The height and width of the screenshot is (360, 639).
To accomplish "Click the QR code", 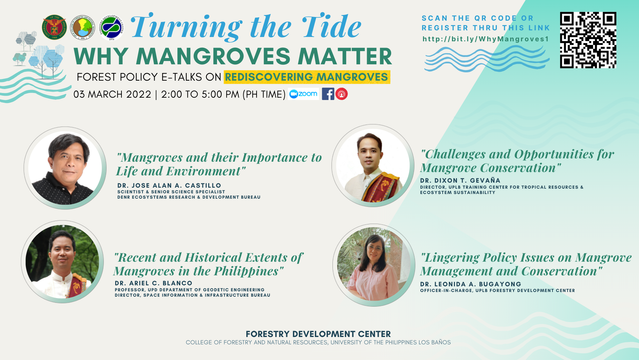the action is point(588,40).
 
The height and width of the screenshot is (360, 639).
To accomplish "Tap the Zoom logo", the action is point(303,94).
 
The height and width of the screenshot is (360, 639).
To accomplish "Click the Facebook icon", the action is point(328,94).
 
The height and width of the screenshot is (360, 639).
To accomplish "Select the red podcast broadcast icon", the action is point(341,94).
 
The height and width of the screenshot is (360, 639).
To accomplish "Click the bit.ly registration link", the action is point(486,39).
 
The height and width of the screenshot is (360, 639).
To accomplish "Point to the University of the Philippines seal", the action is point(54,27).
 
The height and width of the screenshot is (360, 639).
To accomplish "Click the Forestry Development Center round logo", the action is point(111,27).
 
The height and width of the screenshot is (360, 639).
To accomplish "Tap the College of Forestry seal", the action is point(83,27).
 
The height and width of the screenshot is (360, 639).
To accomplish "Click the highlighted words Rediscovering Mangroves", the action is point(307,77).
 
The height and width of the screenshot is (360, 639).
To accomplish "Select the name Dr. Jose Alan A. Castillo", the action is point(169,185).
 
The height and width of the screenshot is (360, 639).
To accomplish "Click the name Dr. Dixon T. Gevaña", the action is point(460,180).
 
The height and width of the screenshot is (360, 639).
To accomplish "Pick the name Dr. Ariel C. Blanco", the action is point(153,283).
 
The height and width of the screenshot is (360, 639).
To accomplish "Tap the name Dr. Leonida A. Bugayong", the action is point(471,284).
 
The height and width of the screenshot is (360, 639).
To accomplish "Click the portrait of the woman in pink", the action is point(374,265).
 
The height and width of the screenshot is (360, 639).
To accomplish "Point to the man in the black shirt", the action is point(65,168).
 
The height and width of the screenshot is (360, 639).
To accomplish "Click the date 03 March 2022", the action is point(112,94).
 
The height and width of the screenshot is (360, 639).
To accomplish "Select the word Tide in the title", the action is point(331,26).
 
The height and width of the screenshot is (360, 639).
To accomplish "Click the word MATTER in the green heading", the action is point(345,56).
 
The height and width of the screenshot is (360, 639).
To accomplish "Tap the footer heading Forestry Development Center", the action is point(318,334).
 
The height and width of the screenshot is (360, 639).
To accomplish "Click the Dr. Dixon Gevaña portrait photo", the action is point(373,166).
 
